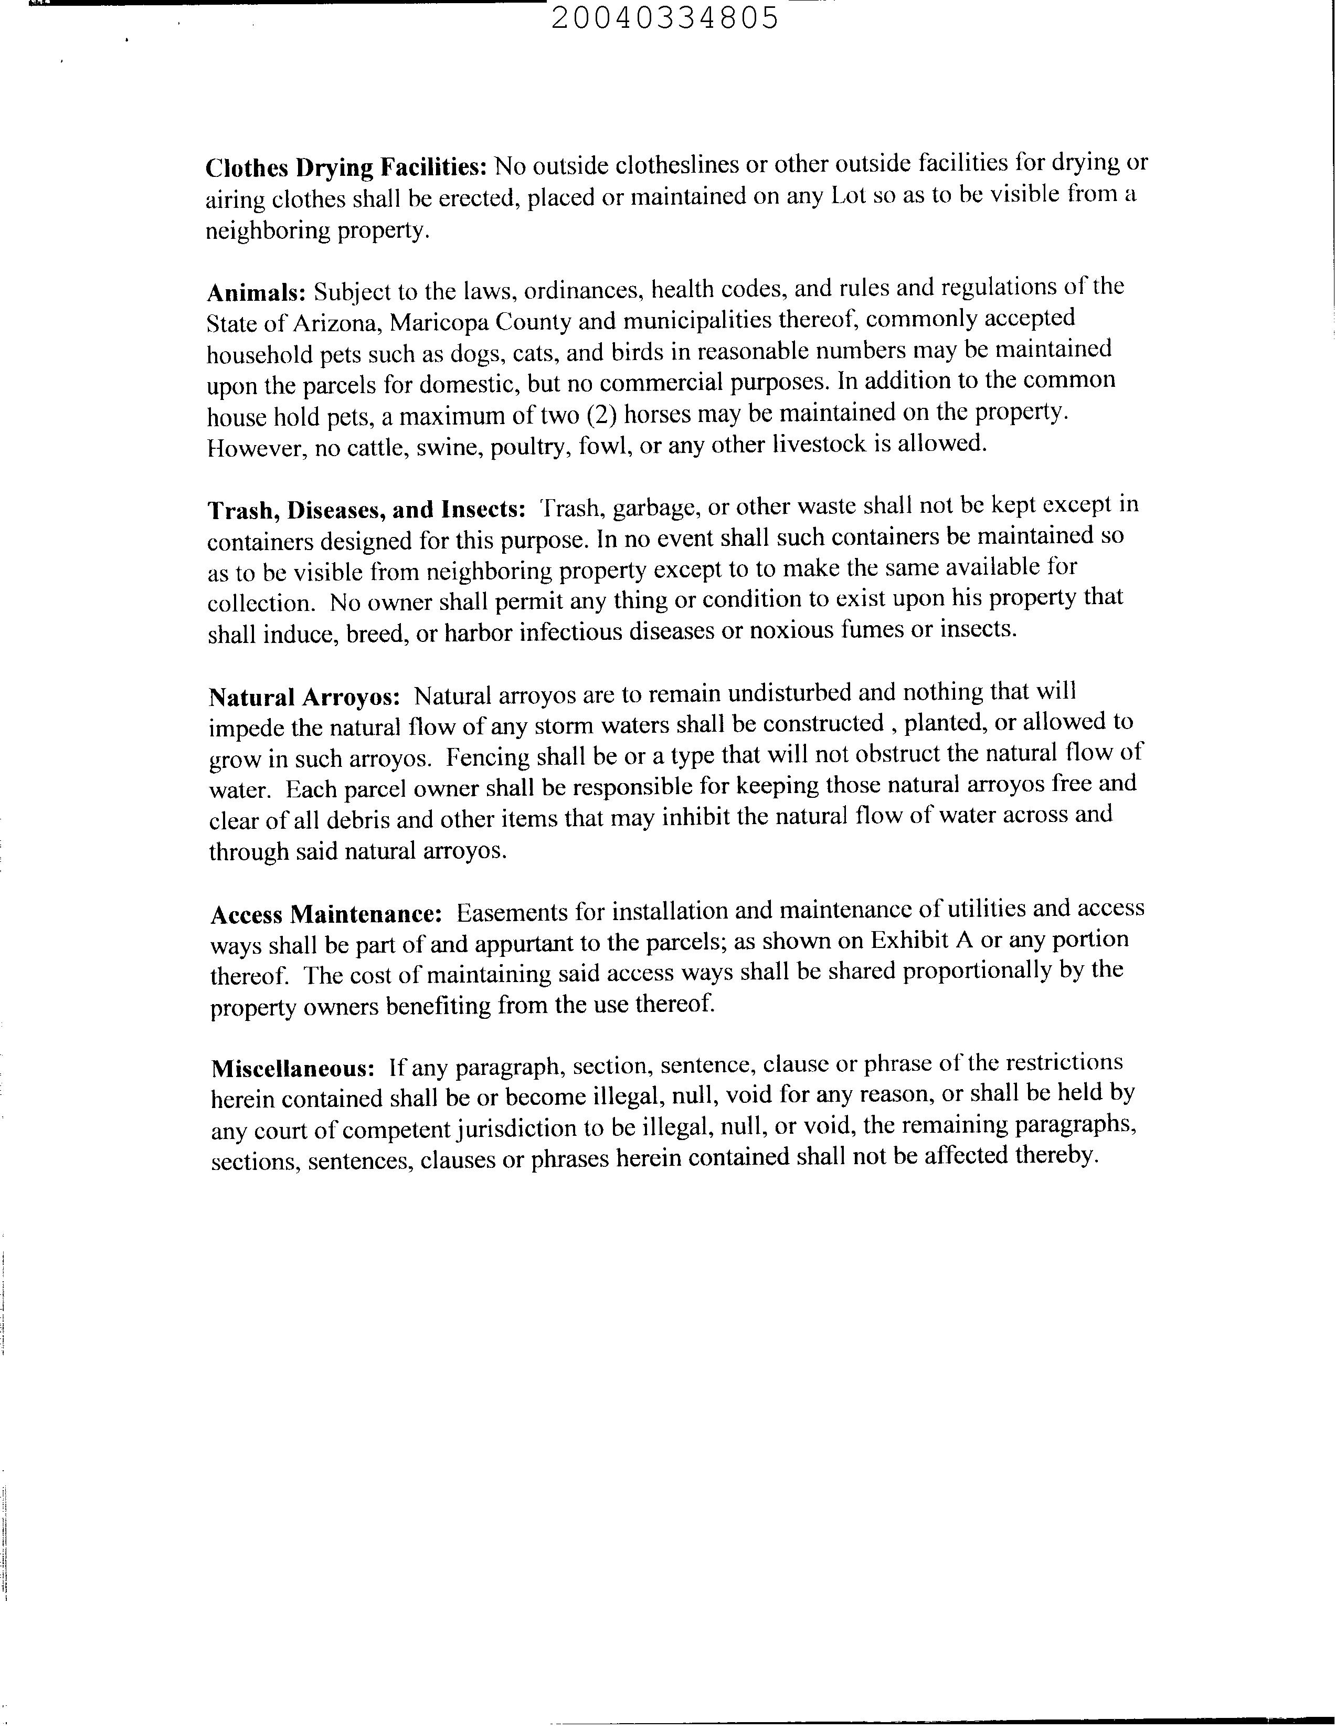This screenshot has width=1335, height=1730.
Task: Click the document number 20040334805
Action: [x=665, y=17]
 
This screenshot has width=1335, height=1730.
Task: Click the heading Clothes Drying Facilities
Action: [x=346, y=167]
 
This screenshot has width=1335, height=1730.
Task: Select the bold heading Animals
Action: [x=256, y=293]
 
